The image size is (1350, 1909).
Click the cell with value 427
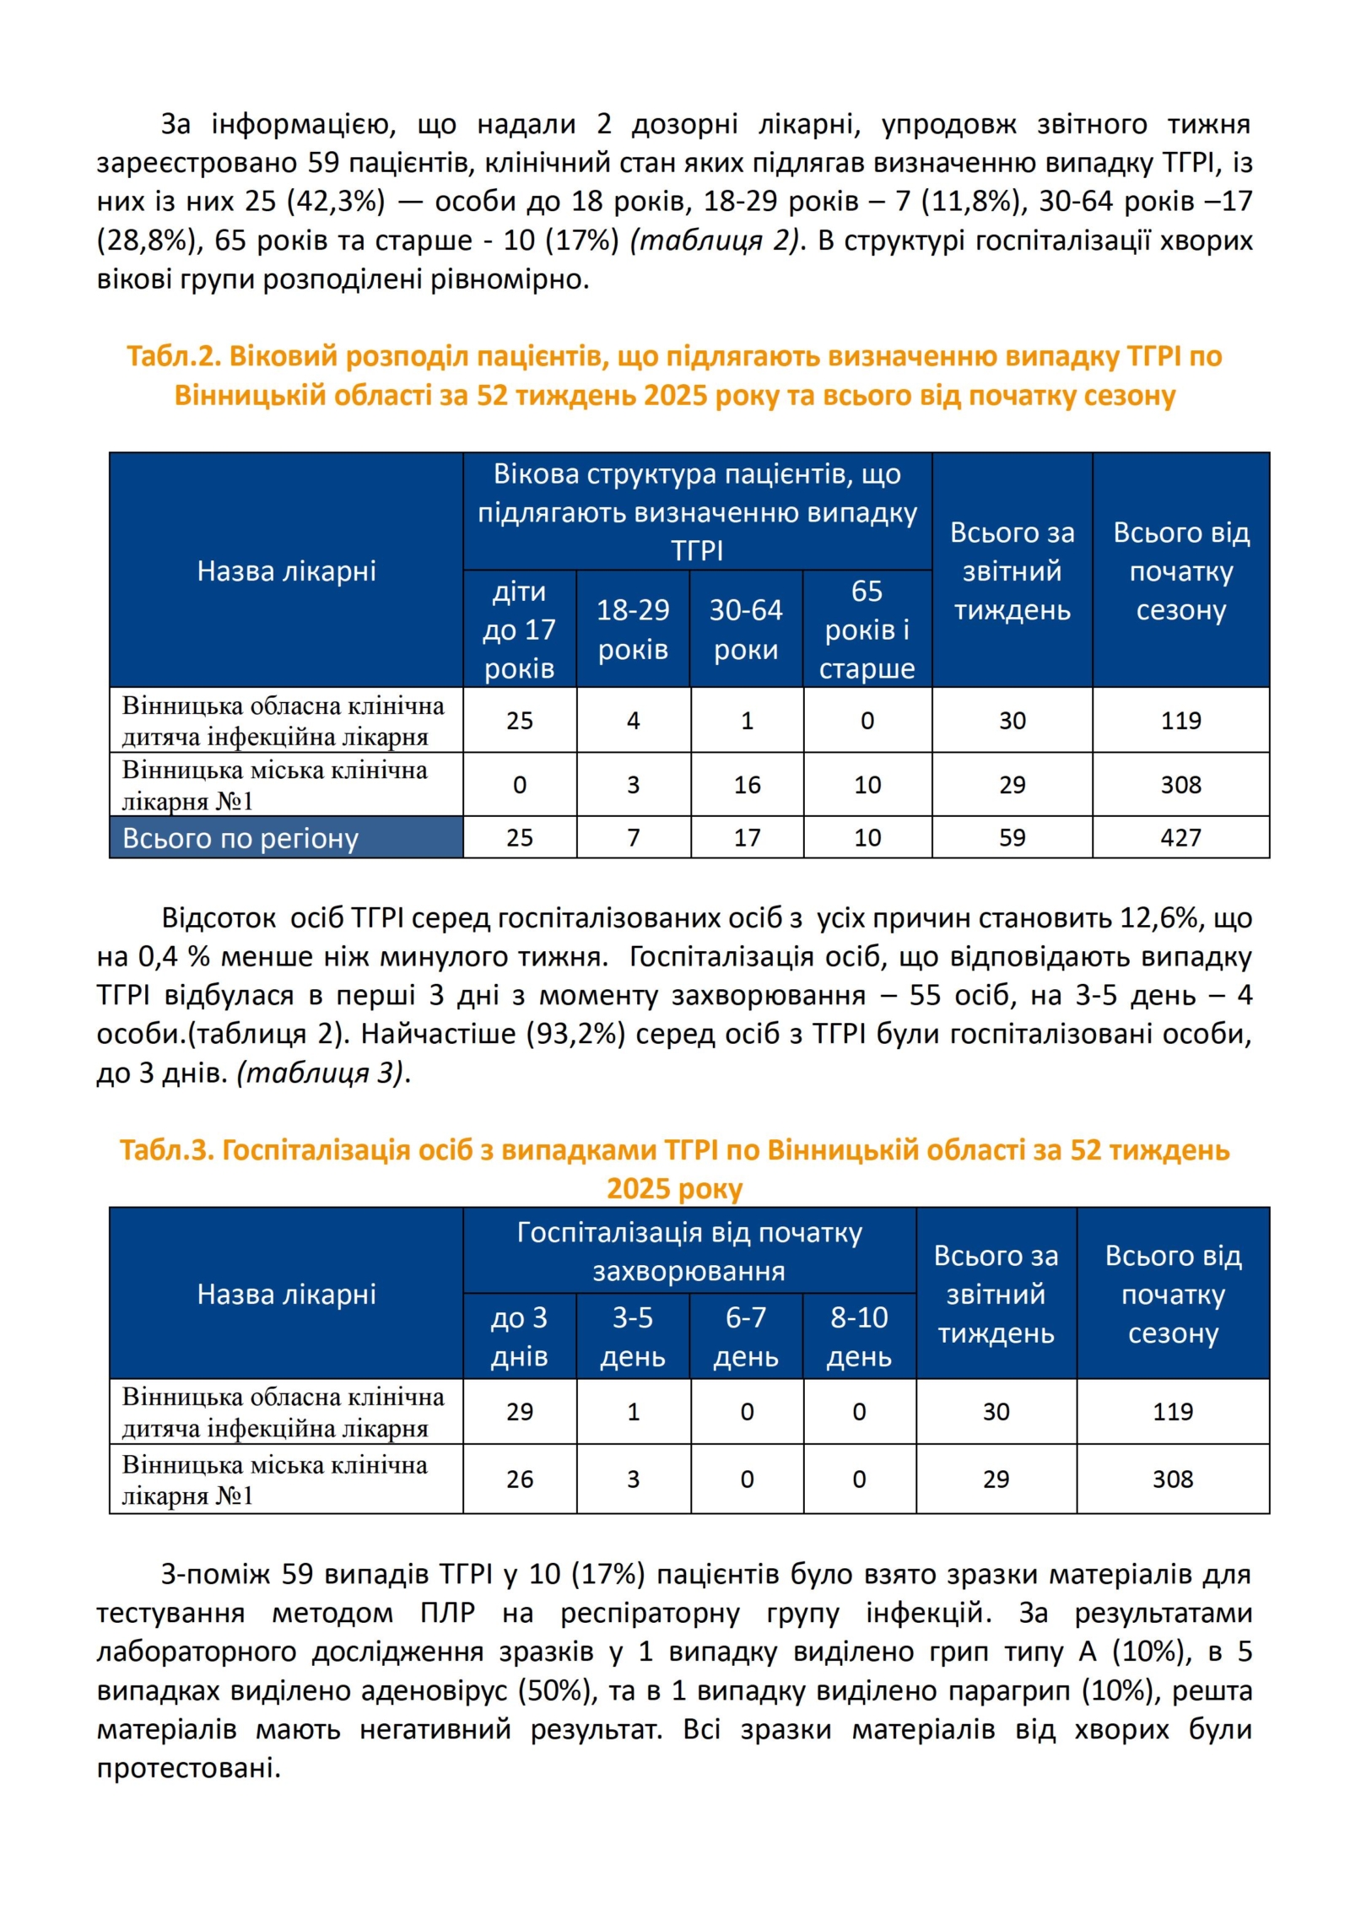tap(1180, 837)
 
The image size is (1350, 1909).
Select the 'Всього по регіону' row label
tap(240, 838)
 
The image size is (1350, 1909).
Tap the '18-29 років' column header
tap(633, 629)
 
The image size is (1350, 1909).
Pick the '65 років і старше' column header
tap(867, 629)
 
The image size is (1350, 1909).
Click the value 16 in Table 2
tap(747, 785)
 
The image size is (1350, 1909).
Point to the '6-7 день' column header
tap(746, 1337)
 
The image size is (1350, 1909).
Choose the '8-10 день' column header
tap(859, 1337)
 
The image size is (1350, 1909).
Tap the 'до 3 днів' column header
tap(520, 1337)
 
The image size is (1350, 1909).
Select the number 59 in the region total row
tap(1012, 837)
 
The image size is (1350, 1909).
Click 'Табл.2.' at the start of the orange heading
tap(173, 356)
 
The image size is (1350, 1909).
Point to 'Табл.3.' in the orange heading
tap(166, 1149)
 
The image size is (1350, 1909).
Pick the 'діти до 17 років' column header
tap(520, 629)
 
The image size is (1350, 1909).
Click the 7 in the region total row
tap(633, 837)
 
